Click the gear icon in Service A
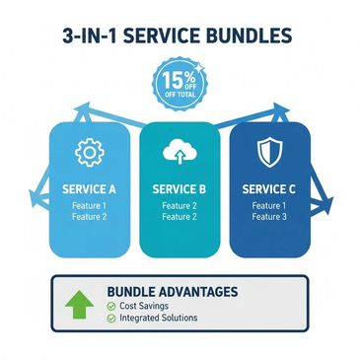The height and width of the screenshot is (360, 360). [x=89, y=153]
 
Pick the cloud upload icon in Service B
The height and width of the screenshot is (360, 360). [x=179, y=151]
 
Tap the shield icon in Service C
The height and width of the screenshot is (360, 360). [x=268, y=152]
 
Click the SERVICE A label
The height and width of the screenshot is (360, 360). [x=89, y=188]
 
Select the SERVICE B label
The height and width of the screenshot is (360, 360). [x=179, y=188]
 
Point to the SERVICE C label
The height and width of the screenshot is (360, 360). [x=268, y=188]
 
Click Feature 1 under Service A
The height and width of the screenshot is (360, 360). [x=89, y=205]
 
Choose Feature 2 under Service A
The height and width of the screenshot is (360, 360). [x=89, y=217]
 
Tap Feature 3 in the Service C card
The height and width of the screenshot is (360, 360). [x=268, y=217]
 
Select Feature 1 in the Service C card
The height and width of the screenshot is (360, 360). [x=268, y=205]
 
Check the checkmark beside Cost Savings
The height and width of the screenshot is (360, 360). [x=110, y=306]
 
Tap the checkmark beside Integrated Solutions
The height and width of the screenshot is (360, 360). [x=110, y=319]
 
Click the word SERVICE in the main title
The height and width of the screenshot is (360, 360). [x=160, y=36]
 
